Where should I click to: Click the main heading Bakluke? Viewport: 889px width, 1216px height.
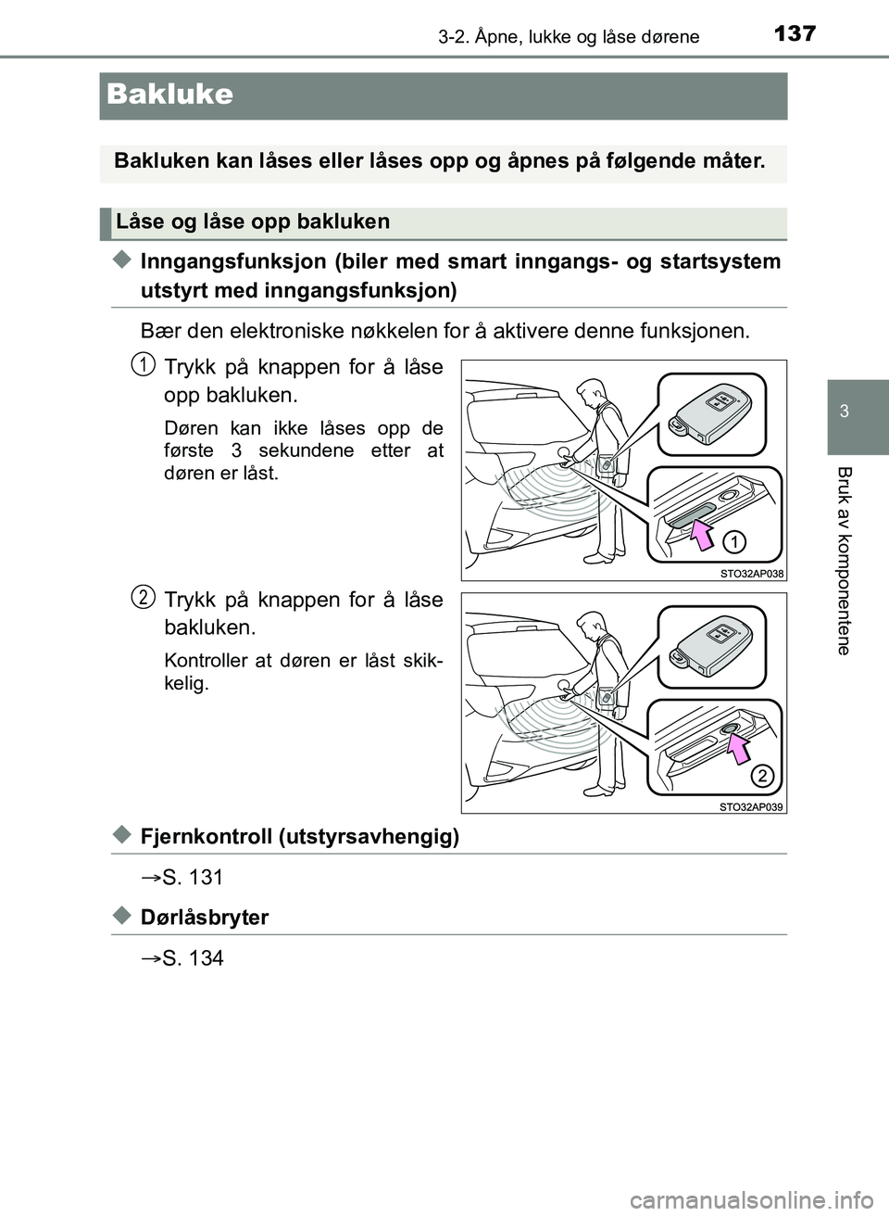click(169, 95)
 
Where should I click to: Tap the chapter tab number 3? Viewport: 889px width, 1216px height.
click(844, 412)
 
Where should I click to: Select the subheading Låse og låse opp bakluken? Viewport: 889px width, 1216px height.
click(253, 222)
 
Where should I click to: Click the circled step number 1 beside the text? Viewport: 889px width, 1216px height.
click(142, 364)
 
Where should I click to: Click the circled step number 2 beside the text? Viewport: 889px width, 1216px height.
click(142, 597)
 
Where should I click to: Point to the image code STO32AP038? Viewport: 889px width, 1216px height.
click(751, 573)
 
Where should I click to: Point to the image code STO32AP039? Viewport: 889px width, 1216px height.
click(751, 806)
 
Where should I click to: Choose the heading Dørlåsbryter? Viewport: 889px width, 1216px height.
click(205, 917)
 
